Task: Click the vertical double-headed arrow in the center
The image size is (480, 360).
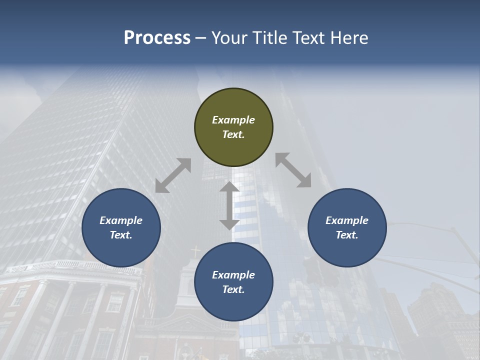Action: tap(229, 205)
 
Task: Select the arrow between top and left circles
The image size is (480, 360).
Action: tap(173, 175)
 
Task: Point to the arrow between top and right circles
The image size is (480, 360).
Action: tap(293, 170)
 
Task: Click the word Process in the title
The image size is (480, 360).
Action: tap(157, 38)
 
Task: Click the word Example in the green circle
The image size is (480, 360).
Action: tap(233, 120)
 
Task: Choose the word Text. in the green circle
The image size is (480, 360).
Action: tap(233, 134)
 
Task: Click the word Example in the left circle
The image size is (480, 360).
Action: tap(121, 220)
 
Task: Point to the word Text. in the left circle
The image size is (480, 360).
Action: tap(121, 235)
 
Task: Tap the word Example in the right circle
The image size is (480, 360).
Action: tap(347, 220)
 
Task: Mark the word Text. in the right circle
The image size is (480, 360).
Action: tap(347, 235)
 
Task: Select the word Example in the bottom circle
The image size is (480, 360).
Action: tap(233, 275)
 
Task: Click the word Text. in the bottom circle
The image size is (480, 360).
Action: tap(233, 289)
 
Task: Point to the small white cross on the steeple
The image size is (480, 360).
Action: tap(196, 250)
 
